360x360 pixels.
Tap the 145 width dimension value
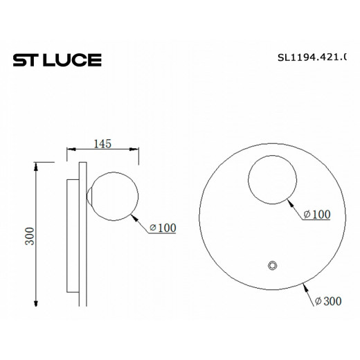pos(102,144)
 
